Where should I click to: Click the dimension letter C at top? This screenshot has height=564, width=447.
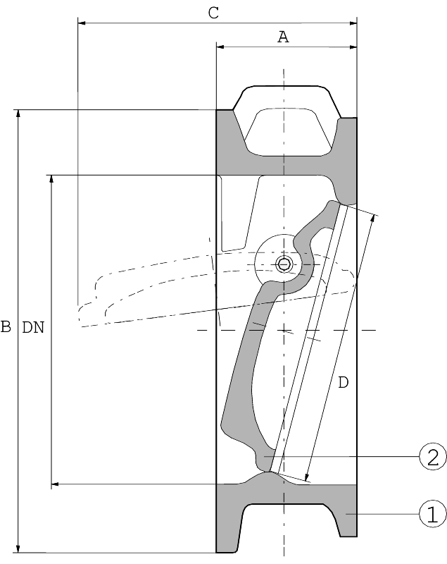pos(214,12)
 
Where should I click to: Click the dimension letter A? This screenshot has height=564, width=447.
pos(283,37)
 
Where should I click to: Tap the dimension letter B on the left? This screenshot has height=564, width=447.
pos(6,326)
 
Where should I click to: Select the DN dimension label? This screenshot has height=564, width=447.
pos(33,326)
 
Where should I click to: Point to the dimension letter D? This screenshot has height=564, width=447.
pos(343,383)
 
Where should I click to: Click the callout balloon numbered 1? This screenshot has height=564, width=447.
pos(433,513)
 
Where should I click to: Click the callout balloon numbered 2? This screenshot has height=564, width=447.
pos(433,457)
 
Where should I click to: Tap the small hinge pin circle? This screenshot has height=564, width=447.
pos(284,264)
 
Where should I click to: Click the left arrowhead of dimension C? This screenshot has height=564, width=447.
pos(82,23)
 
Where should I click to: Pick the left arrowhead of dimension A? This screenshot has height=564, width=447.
pos(220,47)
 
